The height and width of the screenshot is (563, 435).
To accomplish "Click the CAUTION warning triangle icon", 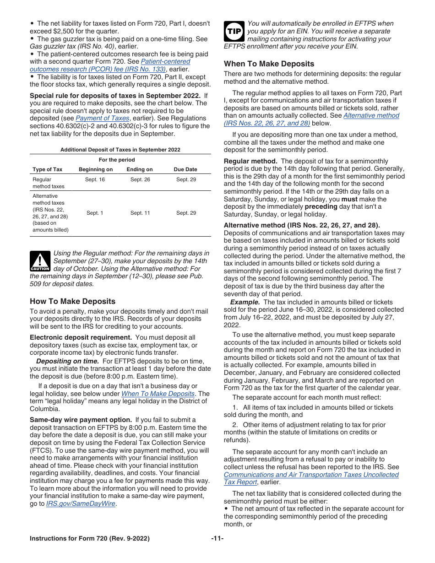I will pyautogui.click(x=40, y=261).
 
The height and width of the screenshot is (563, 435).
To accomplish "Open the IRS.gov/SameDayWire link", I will pyautogui.click(x=81, y=504).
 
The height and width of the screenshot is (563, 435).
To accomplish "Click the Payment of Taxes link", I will pyautogui.click(x=102, y=118).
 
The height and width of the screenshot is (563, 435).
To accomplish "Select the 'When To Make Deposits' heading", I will pyautogui.click(x=269, y=64).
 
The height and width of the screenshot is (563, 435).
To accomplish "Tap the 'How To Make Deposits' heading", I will pyautogui.click(x=72, y=301).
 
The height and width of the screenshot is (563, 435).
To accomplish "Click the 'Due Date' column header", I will pyautogui.click(x=185, y=169).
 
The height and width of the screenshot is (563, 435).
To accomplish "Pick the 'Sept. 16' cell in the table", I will pyautogui.click(x=95, y=179).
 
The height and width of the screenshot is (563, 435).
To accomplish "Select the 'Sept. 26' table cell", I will pyautogui.click(x=140, y=179).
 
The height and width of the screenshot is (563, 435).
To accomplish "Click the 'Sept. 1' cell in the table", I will pyautogui.click(x=95, y=213).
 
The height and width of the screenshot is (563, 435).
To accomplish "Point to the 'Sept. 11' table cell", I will pyautogui.click(x=140, y=213).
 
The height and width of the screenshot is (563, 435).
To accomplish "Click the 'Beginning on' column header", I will pyautogui.click(x=95, y=169).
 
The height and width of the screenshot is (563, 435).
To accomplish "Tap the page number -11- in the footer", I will pyautogui.click(x=217, y=539).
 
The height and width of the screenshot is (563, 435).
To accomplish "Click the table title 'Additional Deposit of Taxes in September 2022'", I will pyautogui.click(x=120, y=150).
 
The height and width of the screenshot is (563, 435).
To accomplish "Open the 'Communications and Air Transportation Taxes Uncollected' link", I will pyautogui.click(x=311, y=475).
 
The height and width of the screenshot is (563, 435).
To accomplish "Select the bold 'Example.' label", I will pyautogui.click(x=245, y=302).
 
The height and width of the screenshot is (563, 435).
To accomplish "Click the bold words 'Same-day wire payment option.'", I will pyautogui.click(x=81, y=420).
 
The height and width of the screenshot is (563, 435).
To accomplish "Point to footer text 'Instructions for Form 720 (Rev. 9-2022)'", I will pyautogui.click(x=90, y=539).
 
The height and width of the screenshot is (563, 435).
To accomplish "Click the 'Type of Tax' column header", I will pyautogui.click(x=48, y=169).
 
